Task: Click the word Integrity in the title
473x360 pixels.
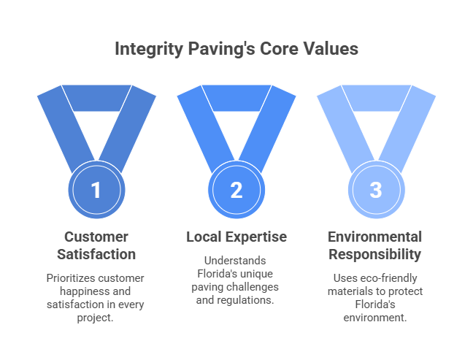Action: (149, 49)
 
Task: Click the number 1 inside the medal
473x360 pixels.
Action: (96, 190)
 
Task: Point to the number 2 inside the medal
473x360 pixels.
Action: (236, 190)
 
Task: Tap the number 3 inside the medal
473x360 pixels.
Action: (376, 190)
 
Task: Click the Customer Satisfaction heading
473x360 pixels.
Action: (96, 245)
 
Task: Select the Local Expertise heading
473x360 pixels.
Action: (236, 237)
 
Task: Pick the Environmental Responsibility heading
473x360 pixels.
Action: (375, 245)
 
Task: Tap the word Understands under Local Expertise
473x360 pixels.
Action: (235, 261)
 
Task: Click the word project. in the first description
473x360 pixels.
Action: (95, 318)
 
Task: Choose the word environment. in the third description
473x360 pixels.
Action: (375, 318)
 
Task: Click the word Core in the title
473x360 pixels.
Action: (279, 49)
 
